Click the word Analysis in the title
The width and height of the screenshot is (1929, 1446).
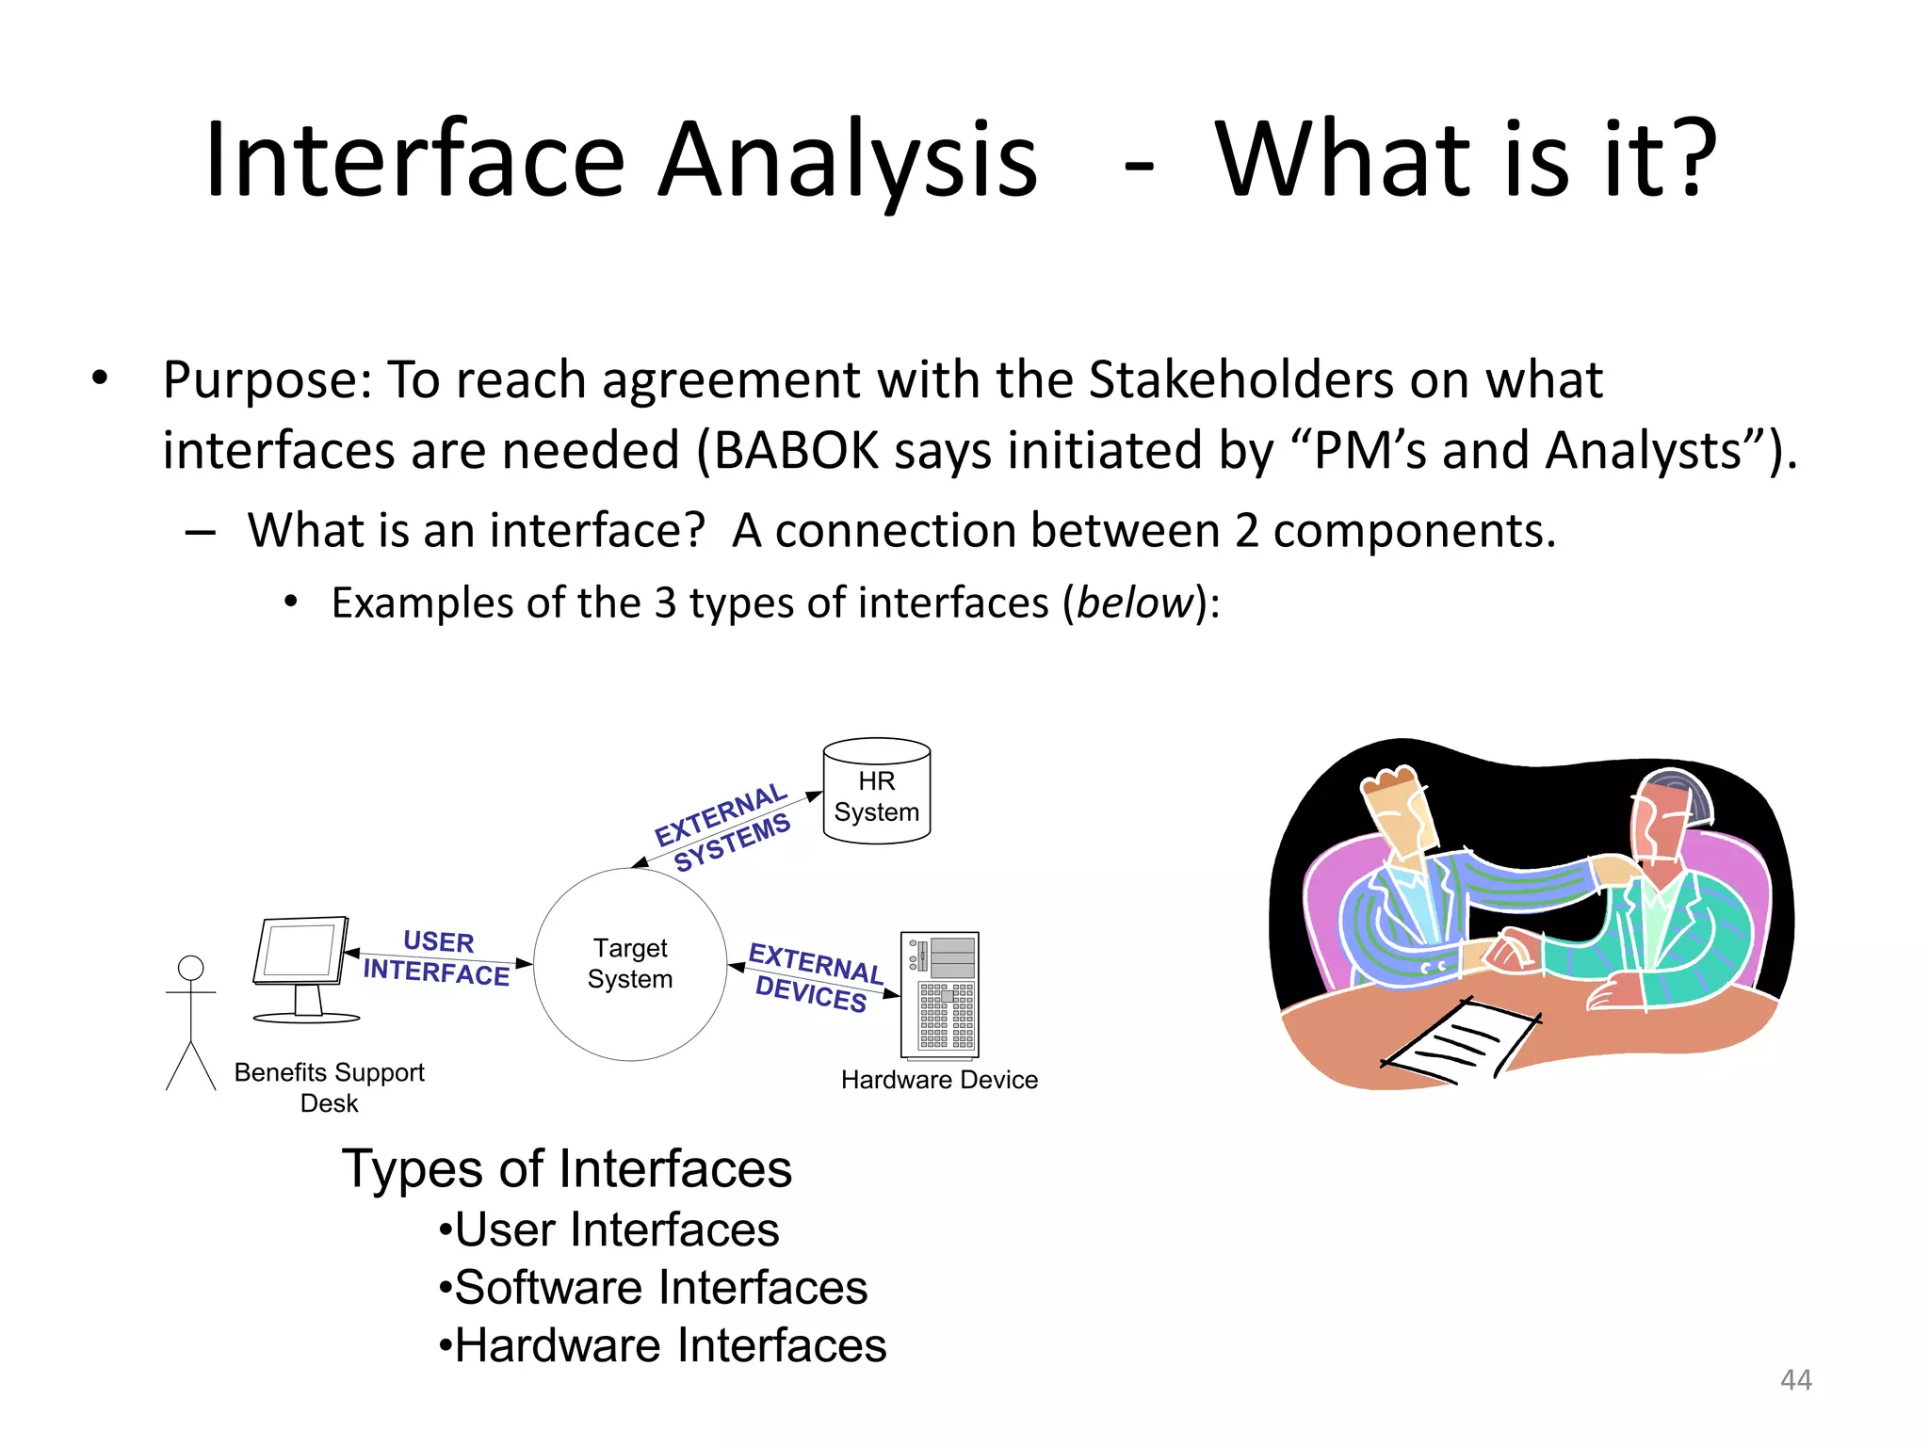tap(847, 160)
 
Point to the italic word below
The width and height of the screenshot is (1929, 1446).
tap(1134, 603)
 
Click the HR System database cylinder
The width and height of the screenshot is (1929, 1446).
tap(876, 791)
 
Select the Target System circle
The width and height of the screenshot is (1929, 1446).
tap(630, 964)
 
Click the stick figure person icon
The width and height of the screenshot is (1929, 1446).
tap(191, 1021)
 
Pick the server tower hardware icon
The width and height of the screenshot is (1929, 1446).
tap(940, 995)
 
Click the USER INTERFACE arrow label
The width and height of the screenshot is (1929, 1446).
tap(438, 957)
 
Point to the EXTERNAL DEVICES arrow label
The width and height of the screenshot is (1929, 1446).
tap(814, 978)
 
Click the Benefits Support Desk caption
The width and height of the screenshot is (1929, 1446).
tap(329, 1087)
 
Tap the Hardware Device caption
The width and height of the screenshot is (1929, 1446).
tap(939, 1080)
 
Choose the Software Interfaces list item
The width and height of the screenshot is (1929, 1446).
tap(659, 1288)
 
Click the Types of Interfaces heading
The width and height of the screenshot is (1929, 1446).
tap(566, 1169)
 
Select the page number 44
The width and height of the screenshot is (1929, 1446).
tap(1795, 1380)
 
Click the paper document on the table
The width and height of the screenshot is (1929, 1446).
tap(1460, 1040)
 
